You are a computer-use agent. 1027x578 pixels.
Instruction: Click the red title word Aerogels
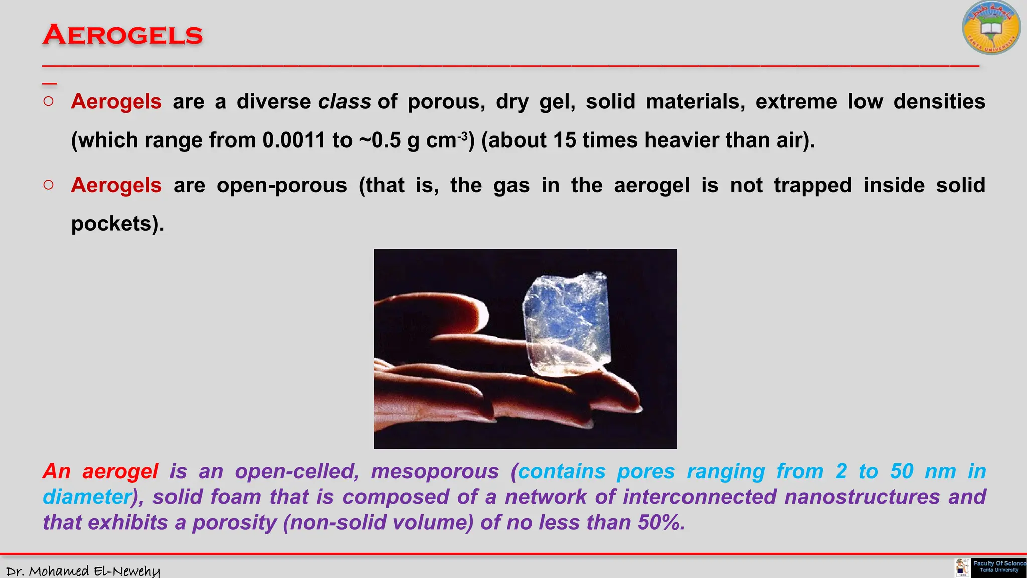click(x=122, y=35)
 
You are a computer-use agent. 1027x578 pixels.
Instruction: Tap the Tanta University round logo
click(x=991, y=28)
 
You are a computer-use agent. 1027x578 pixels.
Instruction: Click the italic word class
click(x=345, y=102)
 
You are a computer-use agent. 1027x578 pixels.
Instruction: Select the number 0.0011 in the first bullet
click(x=294, y=140)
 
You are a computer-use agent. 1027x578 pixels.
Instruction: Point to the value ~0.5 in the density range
click(x=380, y=140)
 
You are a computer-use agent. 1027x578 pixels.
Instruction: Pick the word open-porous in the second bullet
click(x=281, y=185)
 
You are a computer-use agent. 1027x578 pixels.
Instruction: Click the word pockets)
click(x=117, y=223)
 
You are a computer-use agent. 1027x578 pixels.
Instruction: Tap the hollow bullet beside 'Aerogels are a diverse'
click(x=49, y=102)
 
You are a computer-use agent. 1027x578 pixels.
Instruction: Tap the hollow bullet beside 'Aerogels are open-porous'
click(x=49, y=185)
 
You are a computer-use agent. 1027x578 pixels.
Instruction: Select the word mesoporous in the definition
click(x=435, y=472)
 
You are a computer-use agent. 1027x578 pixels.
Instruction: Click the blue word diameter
click(x=87, y=497)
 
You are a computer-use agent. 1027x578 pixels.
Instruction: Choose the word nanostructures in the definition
click(x=862, y=497)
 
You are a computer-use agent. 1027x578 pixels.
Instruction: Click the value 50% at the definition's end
click(x=661, y=523)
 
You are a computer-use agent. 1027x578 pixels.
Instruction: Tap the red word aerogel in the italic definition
click(x=120, y=472)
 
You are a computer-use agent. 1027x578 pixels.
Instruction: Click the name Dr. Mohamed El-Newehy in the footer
click(x=83, y=571)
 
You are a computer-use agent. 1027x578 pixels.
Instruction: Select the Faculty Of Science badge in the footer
click(x=998, y=567)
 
